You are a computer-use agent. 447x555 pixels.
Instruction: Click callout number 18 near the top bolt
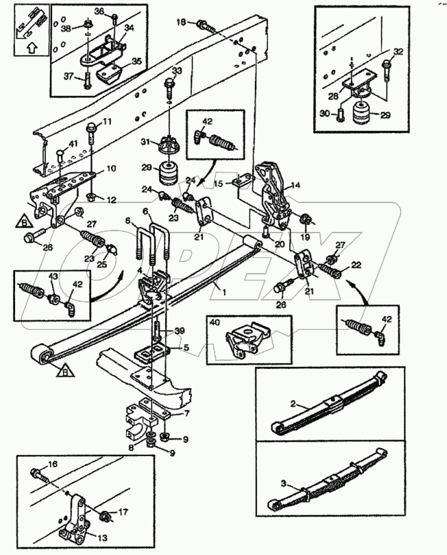[181, 23]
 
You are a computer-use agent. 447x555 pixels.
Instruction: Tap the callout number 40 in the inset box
[215, 322]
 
